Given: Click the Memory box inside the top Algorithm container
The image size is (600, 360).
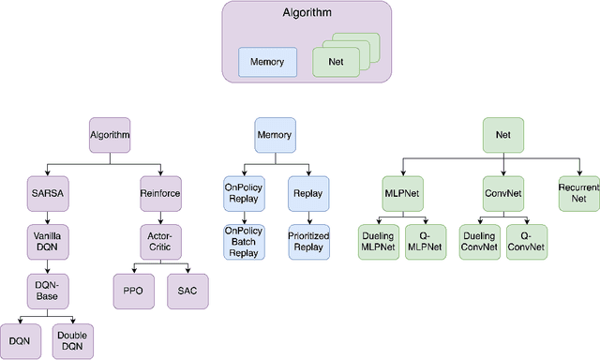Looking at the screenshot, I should (267, 63).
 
